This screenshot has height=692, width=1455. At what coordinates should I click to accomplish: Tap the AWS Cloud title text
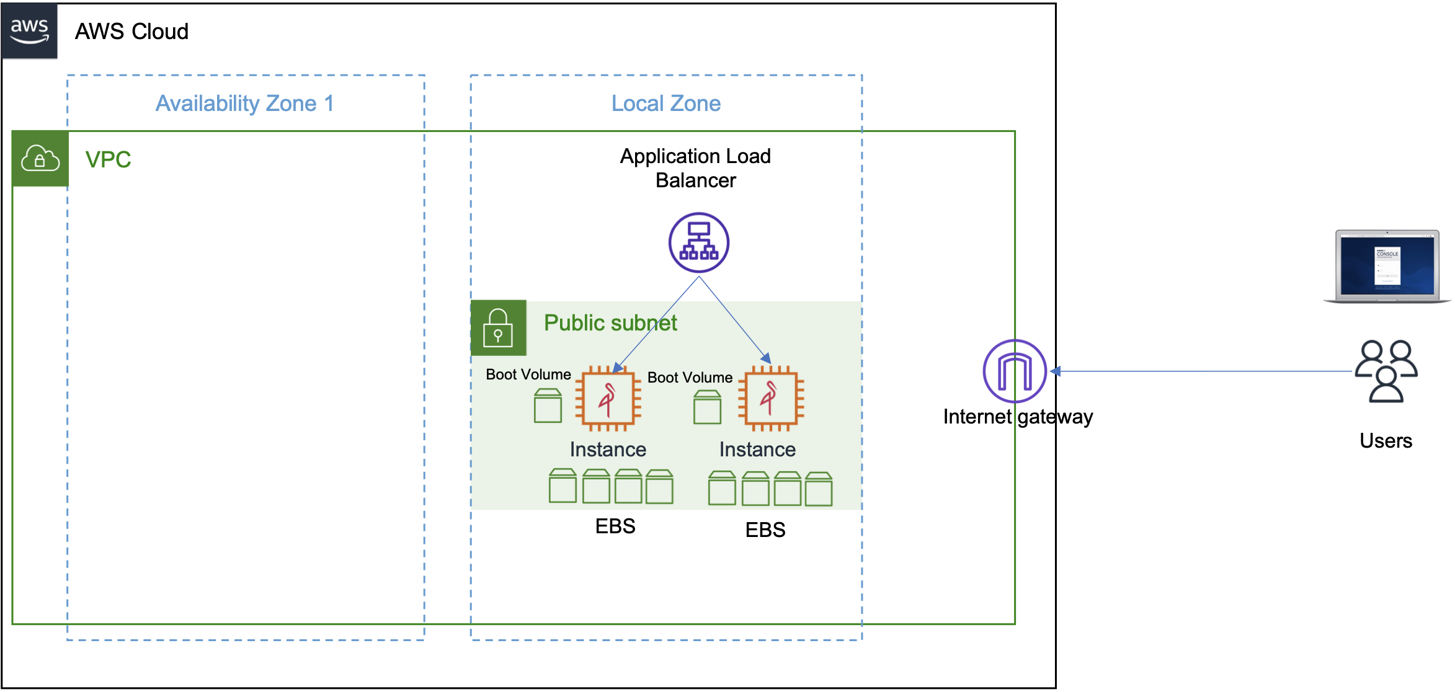131,32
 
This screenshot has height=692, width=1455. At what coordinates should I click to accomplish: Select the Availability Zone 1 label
244,104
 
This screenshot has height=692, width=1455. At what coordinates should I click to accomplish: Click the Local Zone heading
665,104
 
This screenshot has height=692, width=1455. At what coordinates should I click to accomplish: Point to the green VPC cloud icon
40,159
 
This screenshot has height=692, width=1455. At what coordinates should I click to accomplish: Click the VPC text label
108,160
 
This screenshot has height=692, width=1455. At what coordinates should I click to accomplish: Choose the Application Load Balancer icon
698,242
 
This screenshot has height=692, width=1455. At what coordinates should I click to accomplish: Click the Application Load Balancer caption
695,168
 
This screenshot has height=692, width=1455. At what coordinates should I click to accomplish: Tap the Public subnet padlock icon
499,328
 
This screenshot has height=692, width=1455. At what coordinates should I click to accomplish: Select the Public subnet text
610,323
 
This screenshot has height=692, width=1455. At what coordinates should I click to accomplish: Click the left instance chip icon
608,399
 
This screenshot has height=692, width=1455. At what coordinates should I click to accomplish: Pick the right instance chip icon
771,398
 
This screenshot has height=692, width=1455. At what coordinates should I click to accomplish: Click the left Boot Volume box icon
548,406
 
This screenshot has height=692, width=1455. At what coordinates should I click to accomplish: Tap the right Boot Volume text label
690,378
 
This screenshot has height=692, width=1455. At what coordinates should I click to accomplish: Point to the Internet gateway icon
1015,371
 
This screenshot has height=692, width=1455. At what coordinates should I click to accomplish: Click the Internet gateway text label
1018,417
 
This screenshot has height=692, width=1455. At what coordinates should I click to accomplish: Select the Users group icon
1386,371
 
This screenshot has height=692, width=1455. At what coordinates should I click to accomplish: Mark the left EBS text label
615,526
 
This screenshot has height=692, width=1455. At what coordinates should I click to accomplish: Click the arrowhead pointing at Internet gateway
1056,371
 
